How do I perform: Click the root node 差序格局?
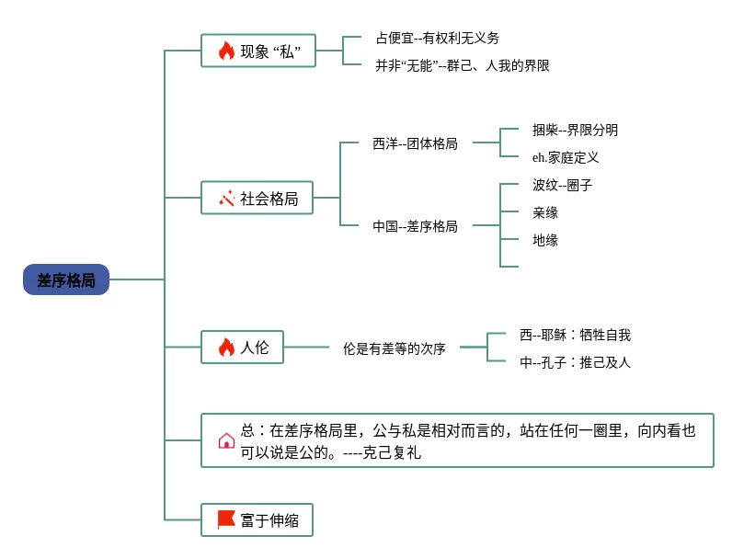(x=66, y=279)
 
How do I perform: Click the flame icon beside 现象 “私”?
(x=226, y=51)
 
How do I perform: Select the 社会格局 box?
(x=257, y=198)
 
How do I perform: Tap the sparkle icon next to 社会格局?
(x=226, y=198)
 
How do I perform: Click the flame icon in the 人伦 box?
(x=226, y=347)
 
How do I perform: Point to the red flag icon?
(x=226, y=519)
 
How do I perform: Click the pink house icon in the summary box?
(x=226, y=440)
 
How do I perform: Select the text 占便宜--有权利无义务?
(x=437, y=38)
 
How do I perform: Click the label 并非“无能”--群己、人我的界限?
(x=463, y=65)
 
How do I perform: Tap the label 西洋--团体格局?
(x=415, y=143)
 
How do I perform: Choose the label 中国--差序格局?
(x=415, y=226)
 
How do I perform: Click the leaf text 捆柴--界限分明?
(x=575, y=130)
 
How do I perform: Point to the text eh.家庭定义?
(x=566, y=157)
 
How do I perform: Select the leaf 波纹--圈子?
(x=563, y=185)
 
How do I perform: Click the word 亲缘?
(x=545, y=212)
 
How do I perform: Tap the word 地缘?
(x=545, y=240)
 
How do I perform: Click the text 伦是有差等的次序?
(x=395, y=348)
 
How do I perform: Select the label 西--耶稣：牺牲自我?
(x=576, y=335)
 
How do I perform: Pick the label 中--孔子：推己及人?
(x=576, y=362)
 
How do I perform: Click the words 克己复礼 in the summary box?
(x=392, y=452)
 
